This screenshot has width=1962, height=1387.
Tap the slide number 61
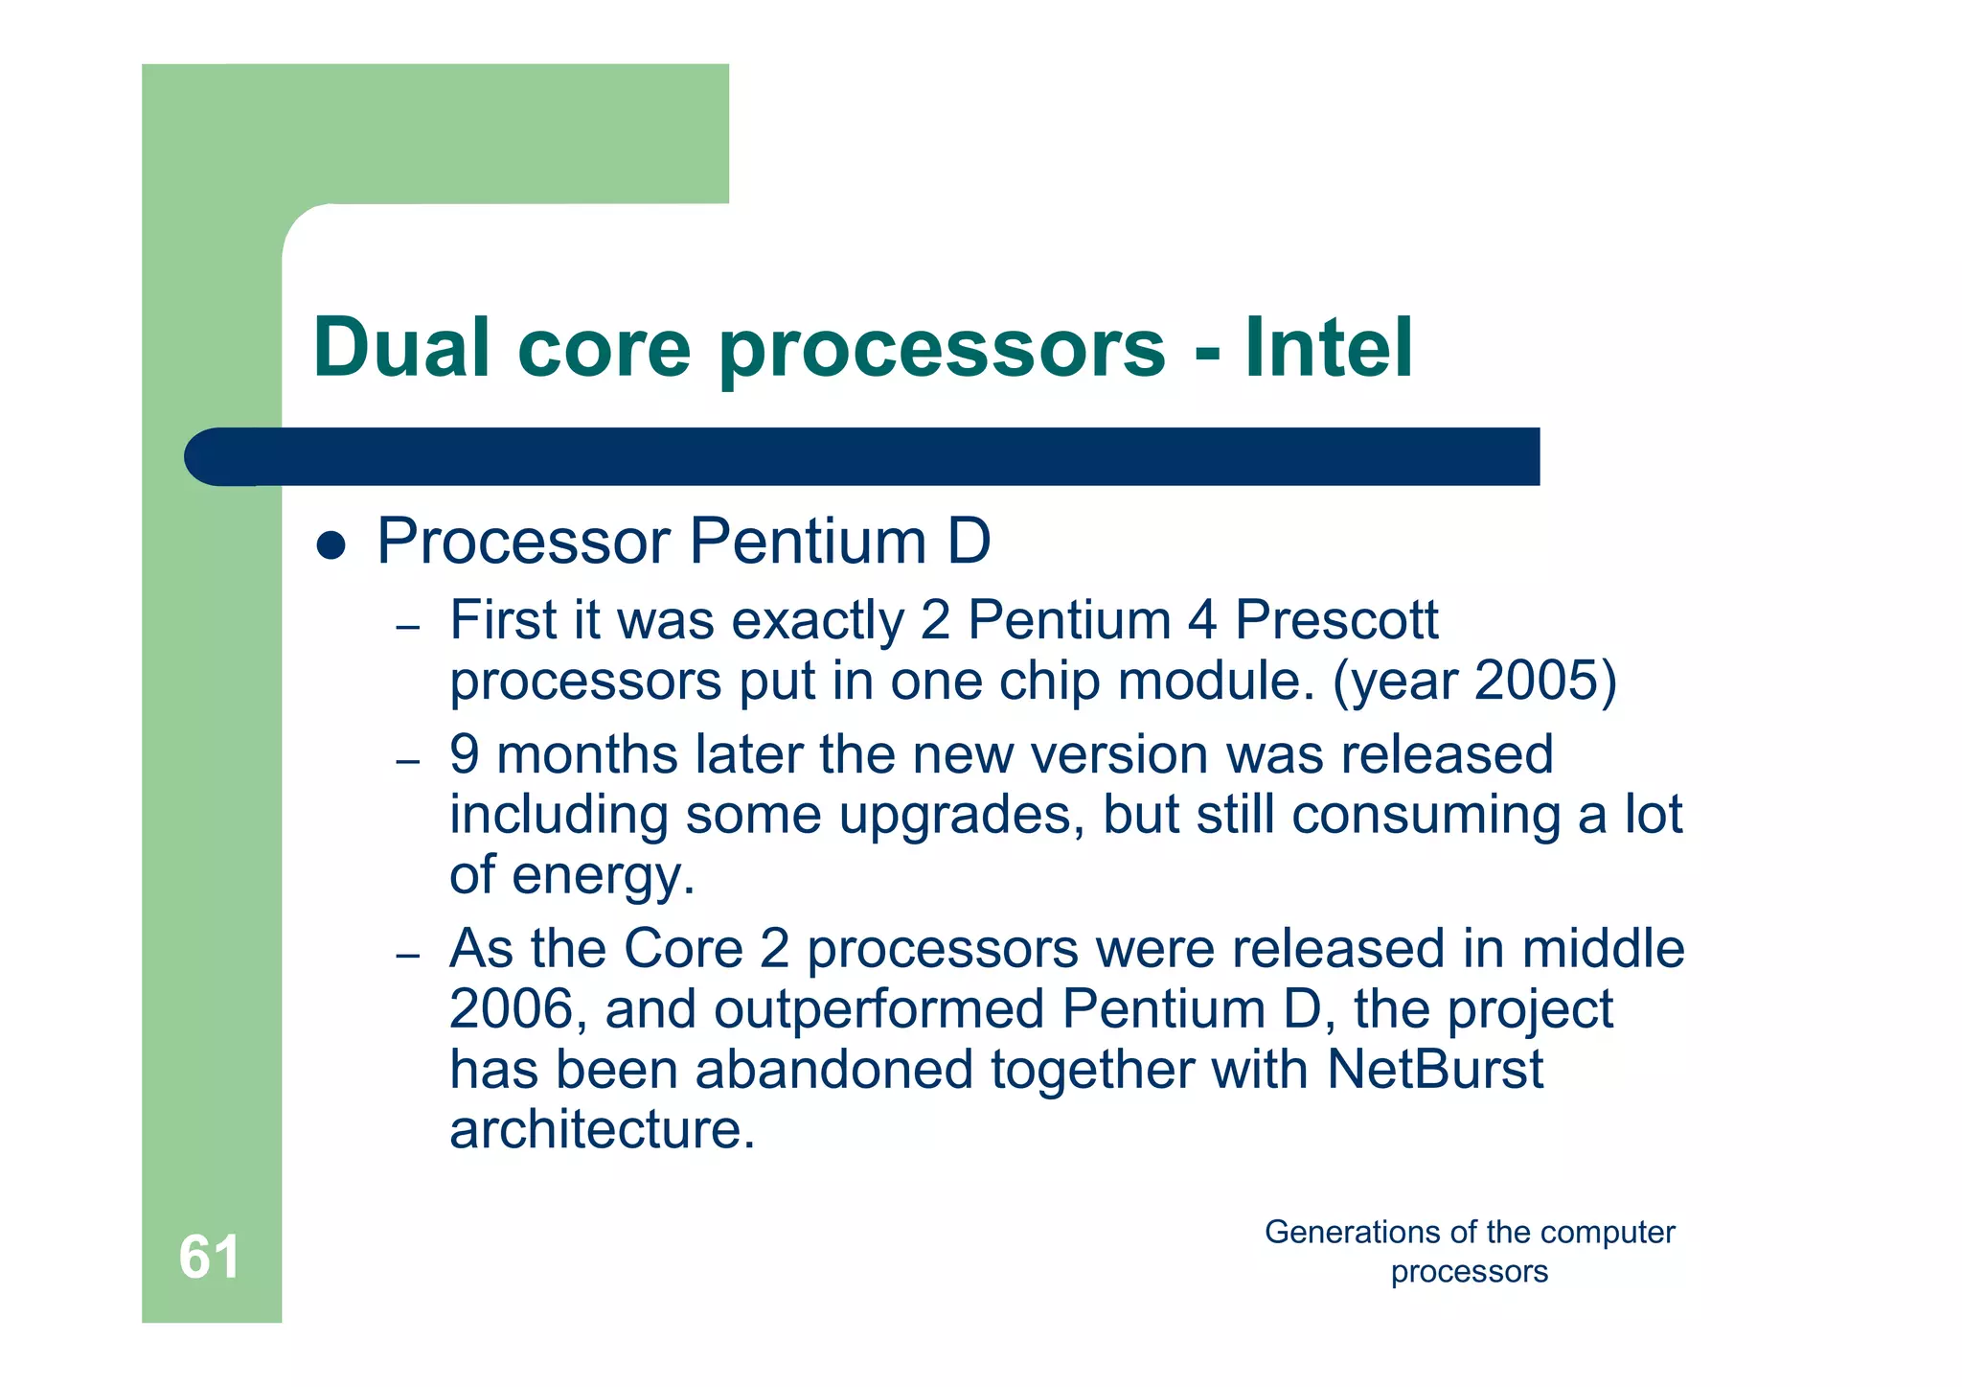point(209,1257)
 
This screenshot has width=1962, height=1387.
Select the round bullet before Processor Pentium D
point(331,545)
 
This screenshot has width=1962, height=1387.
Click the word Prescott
point(1335,620)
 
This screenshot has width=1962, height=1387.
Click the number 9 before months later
point(465,754)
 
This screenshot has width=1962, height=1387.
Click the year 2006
point(510,1009)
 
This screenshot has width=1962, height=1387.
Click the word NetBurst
point(1434,1070)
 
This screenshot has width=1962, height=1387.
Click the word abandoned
point(833,1070)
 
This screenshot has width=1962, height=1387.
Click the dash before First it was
point(408,629)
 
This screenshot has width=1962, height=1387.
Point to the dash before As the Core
point(408,957)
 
